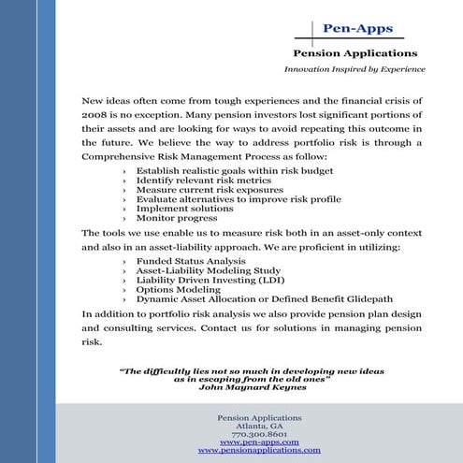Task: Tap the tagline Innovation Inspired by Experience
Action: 354,69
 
